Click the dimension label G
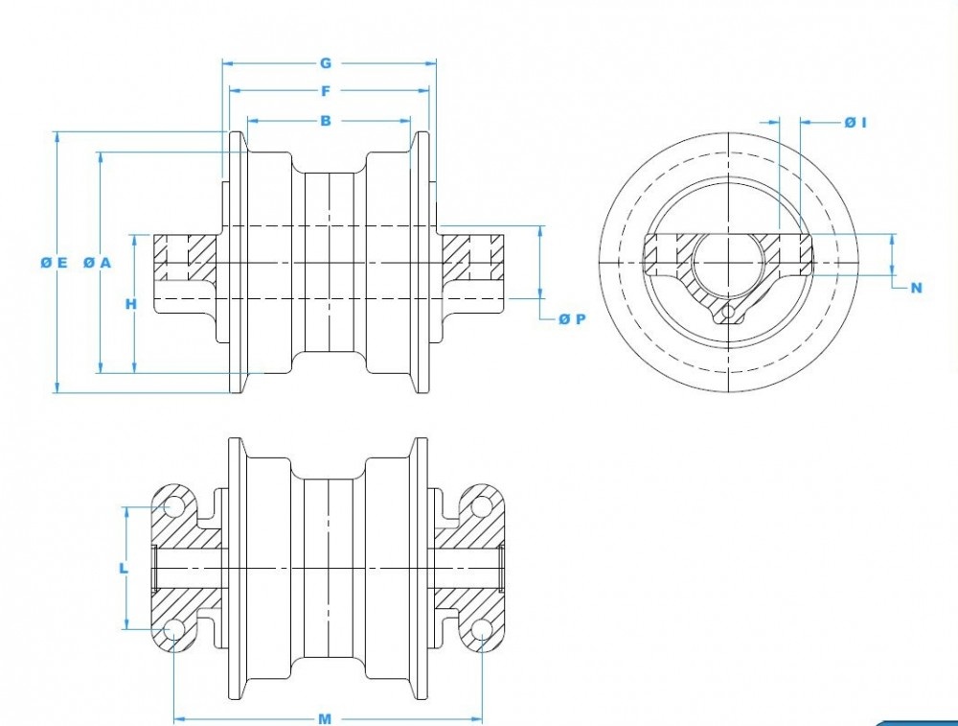(326, 63)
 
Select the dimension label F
(326, 91)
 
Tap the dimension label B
(326, 121)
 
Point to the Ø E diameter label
(54, 263)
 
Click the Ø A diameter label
(97, 263)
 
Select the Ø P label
(572, 318)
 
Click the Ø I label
(855, 122)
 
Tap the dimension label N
(917, 288)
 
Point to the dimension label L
(124, 568)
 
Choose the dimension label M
(325, 718)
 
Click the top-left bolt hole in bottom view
(173, 505)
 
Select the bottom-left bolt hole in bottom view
(173, 630)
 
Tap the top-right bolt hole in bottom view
(482, 505)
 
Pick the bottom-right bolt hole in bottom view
(482, 630)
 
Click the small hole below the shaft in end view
(729, 314)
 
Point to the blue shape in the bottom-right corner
(920, 722)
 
